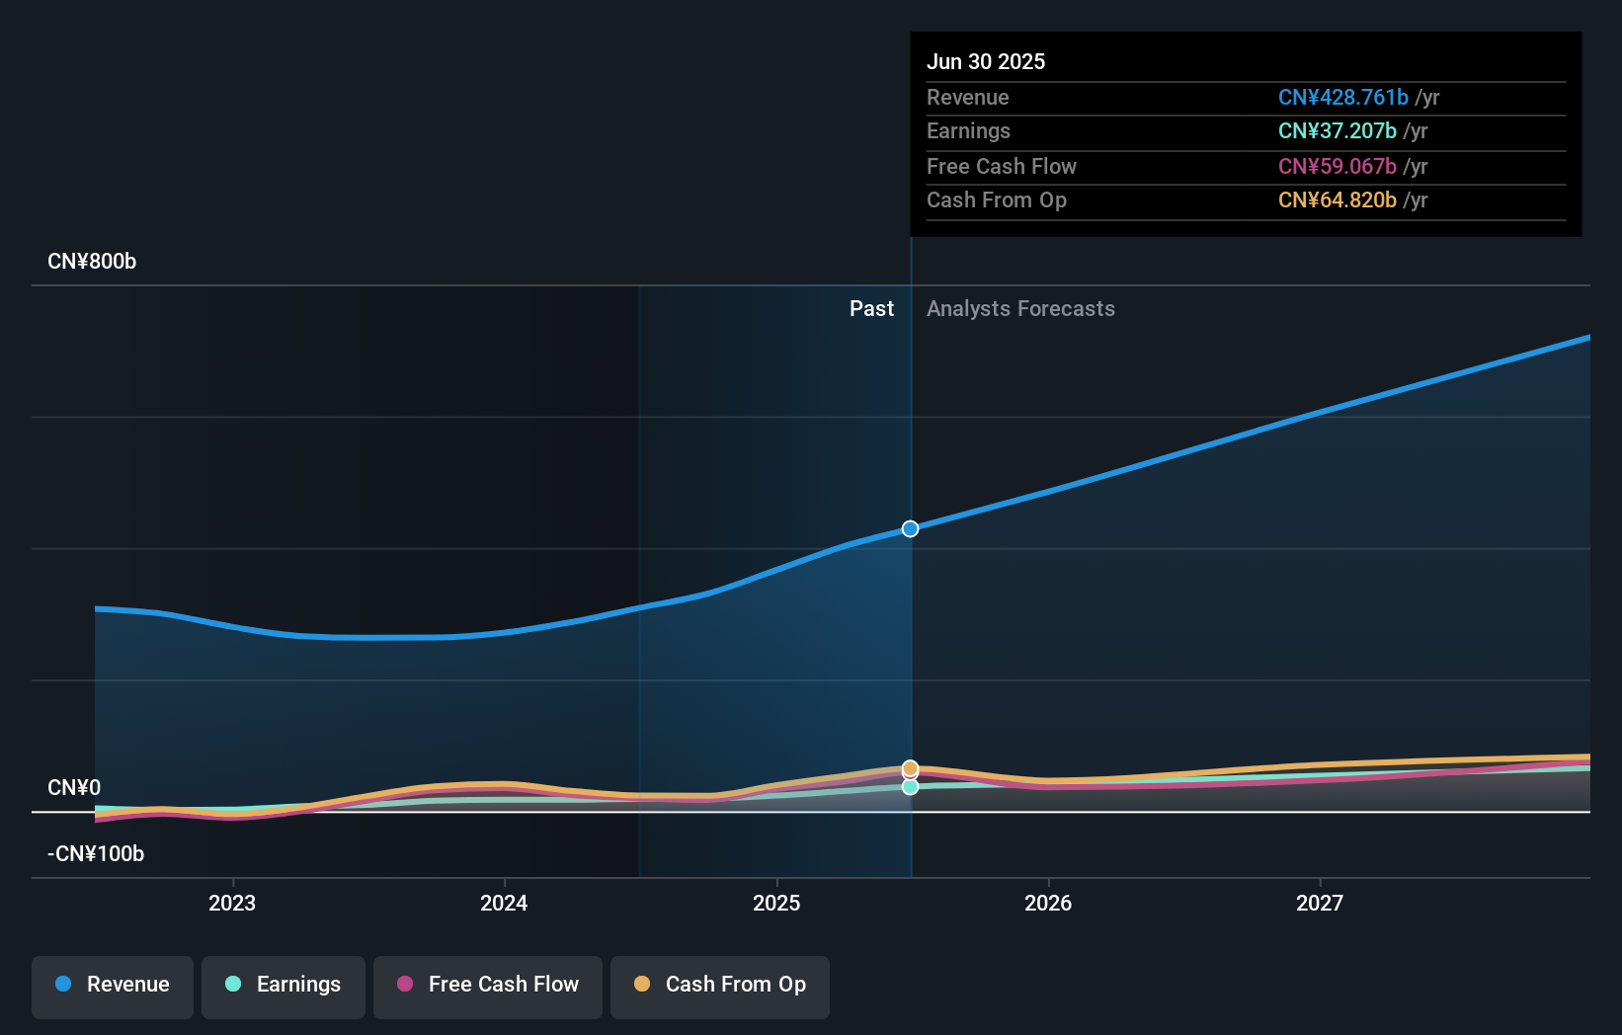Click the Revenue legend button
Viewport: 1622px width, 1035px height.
[x=113, y=986]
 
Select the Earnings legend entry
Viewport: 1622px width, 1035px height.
[x=284, y=986]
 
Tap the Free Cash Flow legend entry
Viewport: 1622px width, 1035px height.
[x=488, y=986]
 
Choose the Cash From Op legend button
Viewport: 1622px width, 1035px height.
[x=720, y=986]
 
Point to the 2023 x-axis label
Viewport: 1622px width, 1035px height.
[x=232, y=903]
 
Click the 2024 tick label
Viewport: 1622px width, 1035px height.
[x=504, y=903]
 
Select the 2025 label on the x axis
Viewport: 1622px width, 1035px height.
[x=776, y=903]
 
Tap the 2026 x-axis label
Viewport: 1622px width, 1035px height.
[x=1048, y=903]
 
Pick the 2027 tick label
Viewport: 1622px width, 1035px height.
[x=1320, y=903]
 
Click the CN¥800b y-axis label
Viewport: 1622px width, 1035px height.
[x=92, y=262]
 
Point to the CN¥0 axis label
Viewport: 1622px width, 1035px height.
[x=74, y=788]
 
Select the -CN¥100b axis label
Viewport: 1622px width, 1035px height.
[x=96, y=854]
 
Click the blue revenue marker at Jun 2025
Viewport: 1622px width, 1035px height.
[x=910, y=529]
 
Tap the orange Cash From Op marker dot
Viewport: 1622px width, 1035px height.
[x=910, y=767]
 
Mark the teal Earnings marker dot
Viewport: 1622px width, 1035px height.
[x=910, y=787]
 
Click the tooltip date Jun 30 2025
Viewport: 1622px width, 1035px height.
[x=986, y=61]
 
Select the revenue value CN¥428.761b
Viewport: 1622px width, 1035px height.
[x=1342, y=97]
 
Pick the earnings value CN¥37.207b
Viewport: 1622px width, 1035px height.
[x=1337, y=131]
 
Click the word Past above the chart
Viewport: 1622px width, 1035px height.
[x=871, y=309]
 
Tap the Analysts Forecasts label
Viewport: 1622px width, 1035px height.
[x=1020, y=309]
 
